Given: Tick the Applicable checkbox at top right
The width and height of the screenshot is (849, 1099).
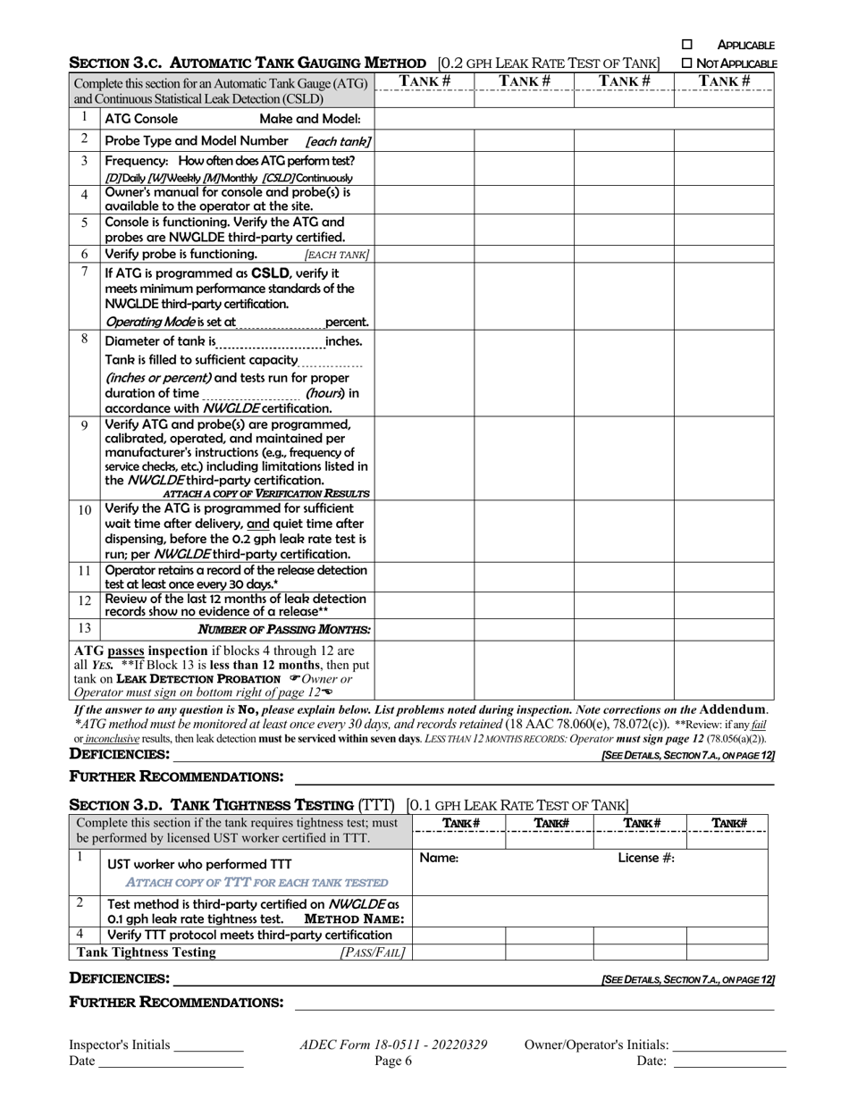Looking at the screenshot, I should tap(687, 44).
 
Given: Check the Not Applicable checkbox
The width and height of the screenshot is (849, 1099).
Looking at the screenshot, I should tap(686, 63).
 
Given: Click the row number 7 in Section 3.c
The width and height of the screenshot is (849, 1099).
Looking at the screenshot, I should tap(84, 271).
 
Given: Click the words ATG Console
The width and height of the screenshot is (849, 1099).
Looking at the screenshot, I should tap(141, 119).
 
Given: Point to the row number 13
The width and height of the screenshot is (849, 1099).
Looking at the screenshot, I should tap(84, 627).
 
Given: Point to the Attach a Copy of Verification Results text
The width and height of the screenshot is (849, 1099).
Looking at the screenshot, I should tap(265, 493).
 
